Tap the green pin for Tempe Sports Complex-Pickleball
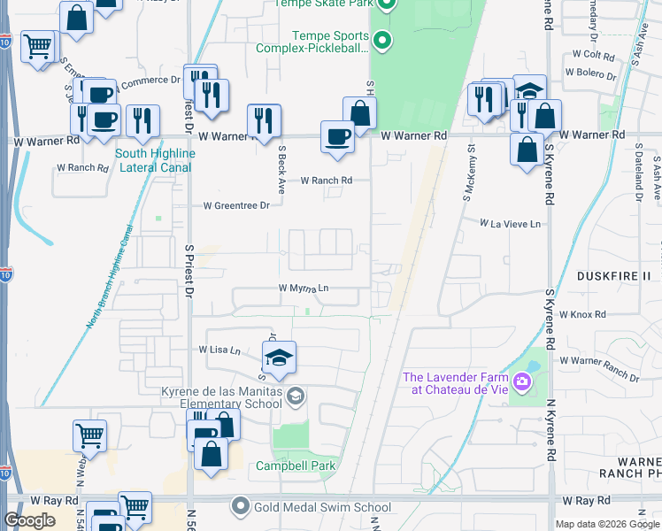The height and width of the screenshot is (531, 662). (382, 40)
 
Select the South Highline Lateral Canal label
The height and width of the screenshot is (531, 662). (155, 159)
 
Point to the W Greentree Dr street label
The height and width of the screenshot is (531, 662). (236, 205)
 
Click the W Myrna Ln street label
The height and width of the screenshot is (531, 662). (304, 288)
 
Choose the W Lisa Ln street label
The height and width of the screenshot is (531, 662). (222, 350)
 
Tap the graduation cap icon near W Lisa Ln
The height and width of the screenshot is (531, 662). (279, 358)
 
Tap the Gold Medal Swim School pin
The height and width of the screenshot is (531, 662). (240, 507)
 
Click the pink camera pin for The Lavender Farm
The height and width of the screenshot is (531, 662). (523, 382)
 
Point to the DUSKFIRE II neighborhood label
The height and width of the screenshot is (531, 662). (613, 276)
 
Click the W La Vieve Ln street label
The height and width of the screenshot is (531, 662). (510, 225)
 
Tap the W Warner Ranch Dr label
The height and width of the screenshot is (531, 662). (598, 369)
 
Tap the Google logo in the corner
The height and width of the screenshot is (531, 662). (29, 520)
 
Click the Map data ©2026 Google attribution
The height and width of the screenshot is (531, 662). (607, 524)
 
